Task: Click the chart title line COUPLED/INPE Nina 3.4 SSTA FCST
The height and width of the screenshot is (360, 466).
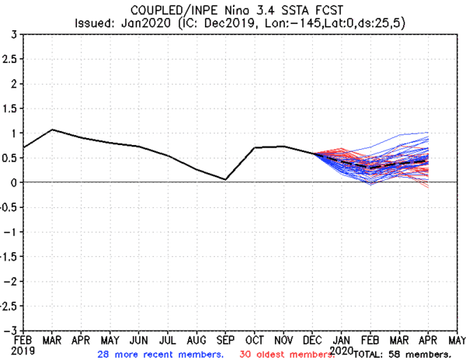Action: (233, 9)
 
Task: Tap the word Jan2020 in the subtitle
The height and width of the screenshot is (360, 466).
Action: (145, 22)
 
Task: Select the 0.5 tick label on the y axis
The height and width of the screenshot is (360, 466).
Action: (11, 157)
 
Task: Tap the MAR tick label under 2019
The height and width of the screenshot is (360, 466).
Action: (52, 339)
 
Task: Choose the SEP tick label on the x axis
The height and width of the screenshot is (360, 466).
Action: (225, 339)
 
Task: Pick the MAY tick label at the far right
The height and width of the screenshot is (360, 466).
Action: (456, 339)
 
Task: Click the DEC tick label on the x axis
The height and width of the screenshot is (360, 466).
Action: (312, 339)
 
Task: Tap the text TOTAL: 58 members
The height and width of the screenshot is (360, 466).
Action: (402, 354)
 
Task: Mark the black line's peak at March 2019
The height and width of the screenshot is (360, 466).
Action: (52, 130)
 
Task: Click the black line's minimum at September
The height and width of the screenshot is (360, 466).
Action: (225, 179)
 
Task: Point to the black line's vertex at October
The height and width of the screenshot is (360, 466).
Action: (254, 147)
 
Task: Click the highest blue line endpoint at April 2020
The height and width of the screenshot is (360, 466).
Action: (428, 133)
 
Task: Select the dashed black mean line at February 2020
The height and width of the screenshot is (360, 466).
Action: (370, 168)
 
